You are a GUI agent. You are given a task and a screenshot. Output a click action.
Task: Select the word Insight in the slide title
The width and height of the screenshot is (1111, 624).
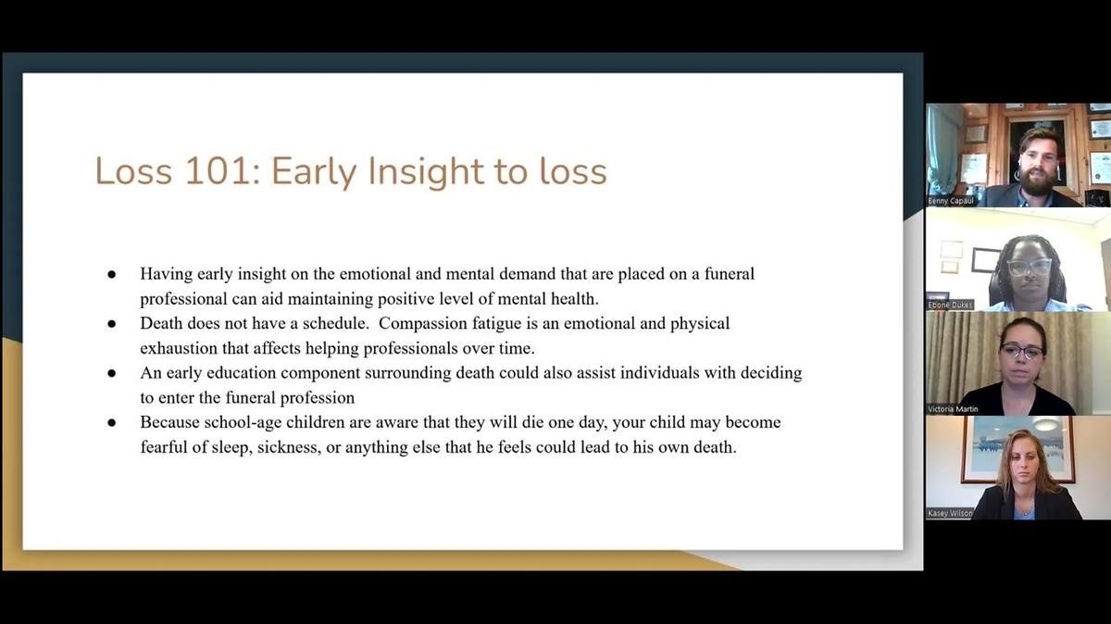pyautogui.click(x=426, y=172)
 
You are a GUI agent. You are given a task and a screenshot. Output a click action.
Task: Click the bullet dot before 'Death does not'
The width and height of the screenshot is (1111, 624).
pyautogui.click(x=112, y=324)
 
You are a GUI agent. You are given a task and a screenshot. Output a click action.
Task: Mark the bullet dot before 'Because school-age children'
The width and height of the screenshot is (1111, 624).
pyautogui.click(x=112, y=423)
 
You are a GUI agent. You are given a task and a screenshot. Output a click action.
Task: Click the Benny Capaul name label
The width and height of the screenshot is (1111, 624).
pyautogui.click(x=951, y=202)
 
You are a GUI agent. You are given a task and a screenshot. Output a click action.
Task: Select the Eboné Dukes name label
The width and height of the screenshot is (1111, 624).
pyautogui.click(x=950, y=305)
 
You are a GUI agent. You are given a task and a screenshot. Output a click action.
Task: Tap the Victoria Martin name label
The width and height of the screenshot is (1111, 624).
pyautogui.click(x=953, y=409)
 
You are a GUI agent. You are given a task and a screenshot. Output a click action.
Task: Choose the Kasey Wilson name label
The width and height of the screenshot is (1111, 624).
pyautogui.click(x=950, y=514)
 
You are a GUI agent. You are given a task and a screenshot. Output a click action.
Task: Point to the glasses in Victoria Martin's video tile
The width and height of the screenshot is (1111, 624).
pyautogui.click(x=1022, y=351)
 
